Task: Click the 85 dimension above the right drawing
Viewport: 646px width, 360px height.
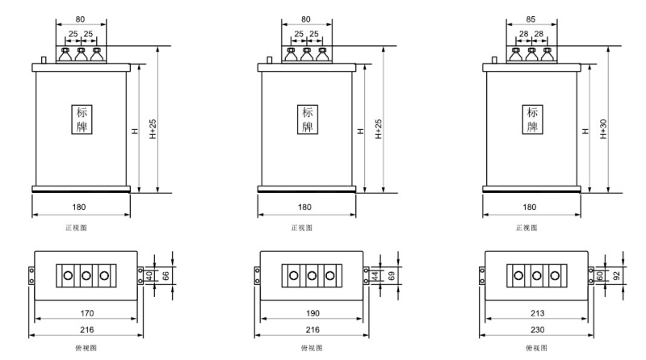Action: point(531,19)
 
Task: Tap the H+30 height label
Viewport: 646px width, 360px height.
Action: point(603,129)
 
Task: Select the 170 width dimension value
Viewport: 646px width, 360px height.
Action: point(87,313)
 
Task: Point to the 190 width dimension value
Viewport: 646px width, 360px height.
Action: point(313,313)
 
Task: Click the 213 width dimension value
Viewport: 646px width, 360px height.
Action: point(538,313)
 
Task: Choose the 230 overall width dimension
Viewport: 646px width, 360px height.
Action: point(538,330)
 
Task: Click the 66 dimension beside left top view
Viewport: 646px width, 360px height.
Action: point(166,275)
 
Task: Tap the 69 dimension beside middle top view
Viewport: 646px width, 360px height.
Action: point(392,275)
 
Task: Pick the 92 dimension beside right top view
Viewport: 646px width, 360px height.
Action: point(617,275)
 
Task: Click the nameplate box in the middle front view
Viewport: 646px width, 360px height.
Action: point(308,119)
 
